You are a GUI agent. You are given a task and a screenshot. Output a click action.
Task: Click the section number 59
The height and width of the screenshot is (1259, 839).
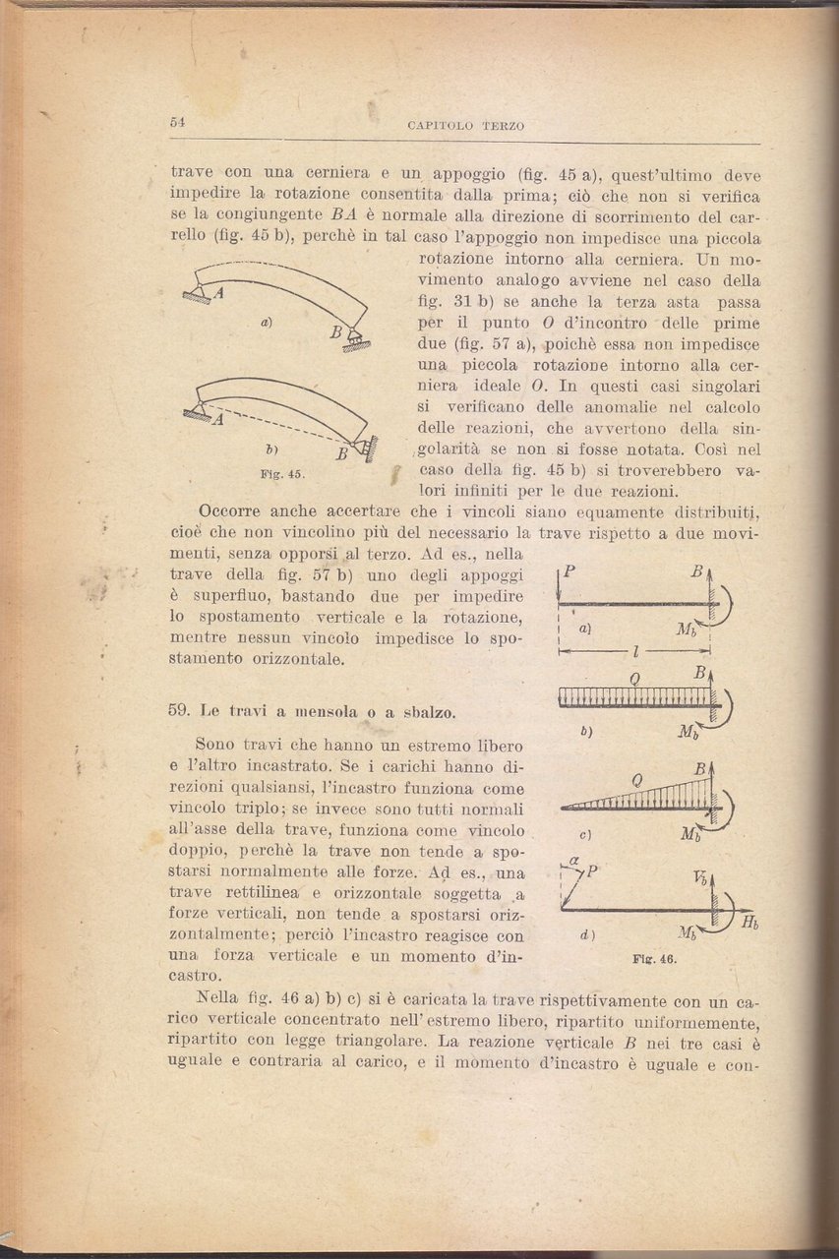pos(179,710)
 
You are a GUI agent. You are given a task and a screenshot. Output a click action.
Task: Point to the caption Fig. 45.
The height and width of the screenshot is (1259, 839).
pos(284,473)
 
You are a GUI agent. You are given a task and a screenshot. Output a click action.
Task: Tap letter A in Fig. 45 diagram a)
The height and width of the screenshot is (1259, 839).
pos(219,292)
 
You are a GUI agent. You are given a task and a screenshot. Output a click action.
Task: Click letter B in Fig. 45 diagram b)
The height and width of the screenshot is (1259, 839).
pos(339,454)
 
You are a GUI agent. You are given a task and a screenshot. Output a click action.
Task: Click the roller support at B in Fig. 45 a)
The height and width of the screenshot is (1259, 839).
pos(356,342)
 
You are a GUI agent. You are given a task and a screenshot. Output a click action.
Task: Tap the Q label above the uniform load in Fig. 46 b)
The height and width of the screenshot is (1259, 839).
pos(635,681)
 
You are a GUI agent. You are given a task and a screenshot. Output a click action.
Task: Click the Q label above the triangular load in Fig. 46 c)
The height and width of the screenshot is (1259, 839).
pos(637,779)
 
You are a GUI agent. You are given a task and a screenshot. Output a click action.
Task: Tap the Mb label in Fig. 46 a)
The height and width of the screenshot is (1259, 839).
pos(689,629)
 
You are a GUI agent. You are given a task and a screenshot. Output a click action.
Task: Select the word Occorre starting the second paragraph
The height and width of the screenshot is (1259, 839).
pos(232,511)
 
